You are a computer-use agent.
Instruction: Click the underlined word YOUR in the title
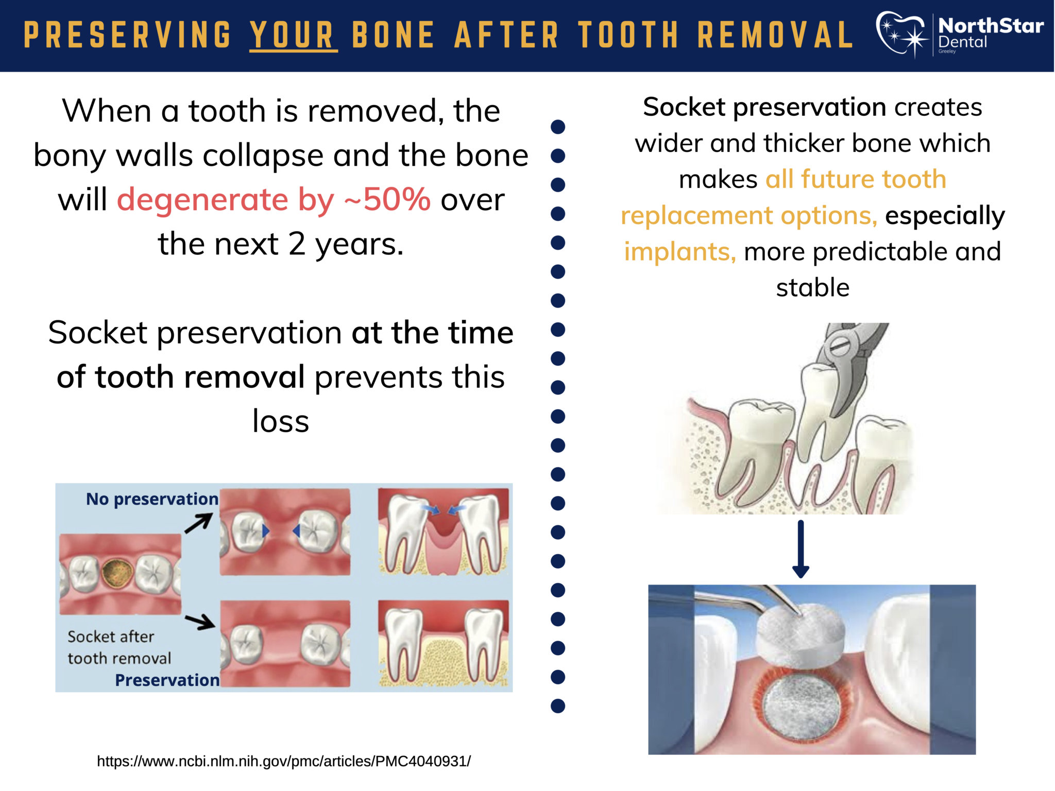coord(293,35)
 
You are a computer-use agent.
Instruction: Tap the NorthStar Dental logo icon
coord(902,34)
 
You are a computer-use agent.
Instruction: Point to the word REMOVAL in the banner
coord(775,35)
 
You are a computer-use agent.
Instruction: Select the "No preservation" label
coord(152,498)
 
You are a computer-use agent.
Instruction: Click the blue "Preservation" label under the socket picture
coord(167,680)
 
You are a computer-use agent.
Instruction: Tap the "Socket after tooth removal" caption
coord(119,647)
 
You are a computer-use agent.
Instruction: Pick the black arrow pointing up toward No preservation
coord(199,523)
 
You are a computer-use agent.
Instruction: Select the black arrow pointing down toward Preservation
coord(200,621)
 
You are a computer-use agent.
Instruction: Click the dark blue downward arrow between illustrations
coord(801,549)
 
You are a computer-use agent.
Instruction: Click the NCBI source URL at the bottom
coord(284,761)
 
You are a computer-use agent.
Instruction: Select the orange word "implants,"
coord(680,251)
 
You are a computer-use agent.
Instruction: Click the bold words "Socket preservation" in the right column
coord(764,107)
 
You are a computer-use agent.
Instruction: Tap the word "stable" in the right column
coord(813,287)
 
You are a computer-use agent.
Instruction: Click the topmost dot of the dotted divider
coord(558,127)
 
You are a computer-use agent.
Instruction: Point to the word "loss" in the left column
coord(281,421)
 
